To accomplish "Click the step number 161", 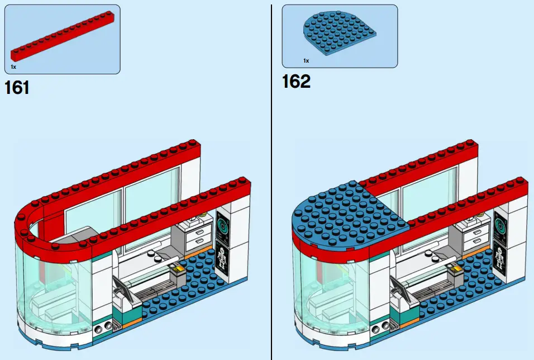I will click(17, 88).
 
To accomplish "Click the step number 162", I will click(296, 82).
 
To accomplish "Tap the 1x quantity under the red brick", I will click(13, 67).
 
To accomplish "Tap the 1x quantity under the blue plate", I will click(306, 60).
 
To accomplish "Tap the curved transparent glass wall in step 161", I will click(53, 291).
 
